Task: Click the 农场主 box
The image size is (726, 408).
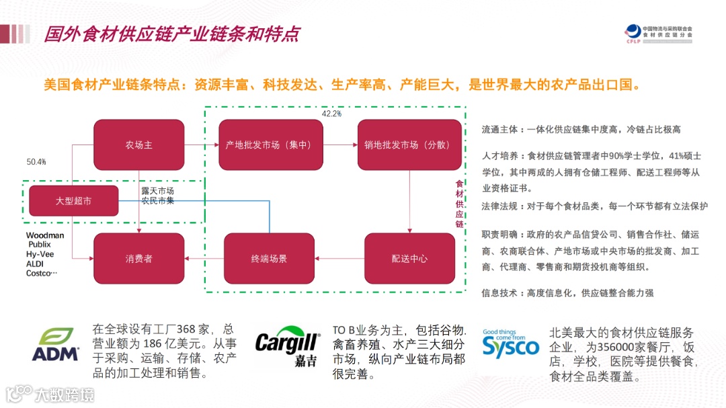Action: click(138, 145)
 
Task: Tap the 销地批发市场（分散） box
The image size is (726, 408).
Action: click(409, 145)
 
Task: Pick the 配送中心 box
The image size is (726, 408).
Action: click(409, 259)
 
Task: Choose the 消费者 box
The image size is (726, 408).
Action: click(138, 259)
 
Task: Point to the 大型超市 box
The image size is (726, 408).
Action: click(73, 201)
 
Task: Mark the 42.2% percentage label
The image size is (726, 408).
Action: click(331, 114)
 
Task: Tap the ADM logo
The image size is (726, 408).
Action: click(55, 345)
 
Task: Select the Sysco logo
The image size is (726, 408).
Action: click(510, 343)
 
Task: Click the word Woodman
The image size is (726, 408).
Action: click(45, 235)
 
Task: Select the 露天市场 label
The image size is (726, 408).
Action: click(157, 192)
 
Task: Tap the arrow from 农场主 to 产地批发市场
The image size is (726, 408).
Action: click(201, 145)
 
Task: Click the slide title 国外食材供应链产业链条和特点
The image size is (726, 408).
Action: click(172, 34)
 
